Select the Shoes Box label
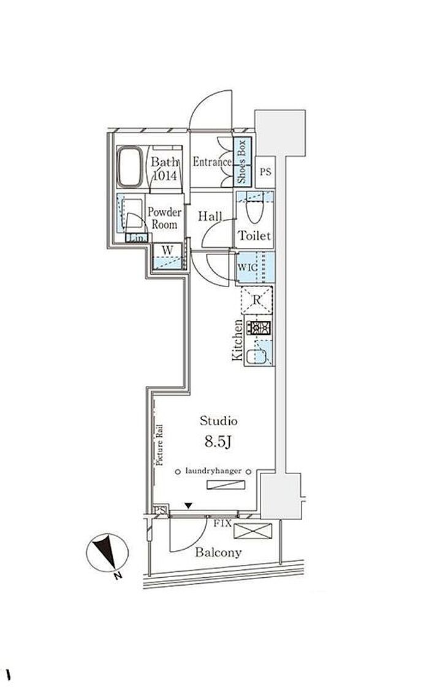(x=242, y=163)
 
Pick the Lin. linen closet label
(x=135, y=237)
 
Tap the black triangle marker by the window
(x=189, y=505)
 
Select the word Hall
(x=210, y=217)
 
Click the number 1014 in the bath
(x=165, y=175)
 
